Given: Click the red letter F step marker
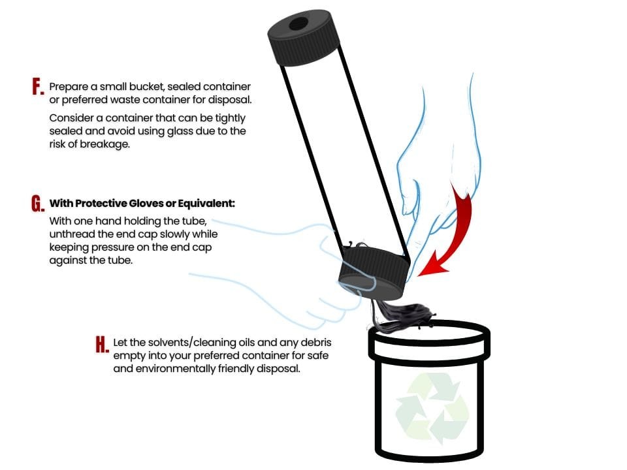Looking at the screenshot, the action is coord(38,87).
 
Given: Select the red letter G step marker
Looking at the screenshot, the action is coord(38,204).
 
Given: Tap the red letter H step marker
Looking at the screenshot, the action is coord(102,344).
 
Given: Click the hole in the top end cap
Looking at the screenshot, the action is coord(298,23).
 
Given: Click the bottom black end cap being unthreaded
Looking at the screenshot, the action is coord(374,273).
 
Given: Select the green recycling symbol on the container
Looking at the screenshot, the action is coord(432,407).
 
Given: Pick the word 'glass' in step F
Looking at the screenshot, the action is coord(180,131).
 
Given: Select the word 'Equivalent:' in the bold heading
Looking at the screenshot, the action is coord(206,204).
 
